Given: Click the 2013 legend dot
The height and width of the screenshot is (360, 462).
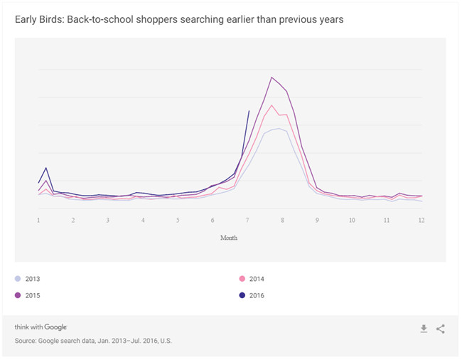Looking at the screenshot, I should (18, 279).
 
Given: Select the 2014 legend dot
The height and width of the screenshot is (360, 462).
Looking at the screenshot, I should (242, 279).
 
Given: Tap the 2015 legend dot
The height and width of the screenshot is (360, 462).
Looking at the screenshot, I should (18, 295).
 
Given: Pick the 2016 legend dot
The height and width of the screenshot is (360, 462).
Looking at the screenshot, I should (242, 295).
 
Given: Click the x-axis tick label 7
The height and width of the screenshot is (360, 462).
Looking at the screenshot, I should (247, 221).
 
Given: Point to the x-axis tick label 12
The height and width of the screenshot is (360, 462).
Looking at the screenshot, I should (421, 221).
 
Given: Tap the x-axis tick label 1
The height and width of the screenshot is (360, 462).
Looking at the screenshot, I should (38, 221).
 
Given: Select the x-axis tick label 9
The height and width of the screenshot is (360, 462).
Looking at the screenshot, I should (317, 221).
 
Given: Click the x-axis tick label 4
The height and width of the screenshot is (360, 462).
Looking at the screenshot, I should (143, 221).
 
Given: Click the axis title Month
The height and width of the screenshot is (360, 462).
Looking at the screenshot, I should (229, 238).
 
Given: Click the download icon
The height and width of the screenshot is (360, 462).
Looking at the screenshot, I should (424, 329).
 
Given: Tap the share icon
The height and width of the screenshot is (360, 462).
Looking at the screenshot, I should (441, 329).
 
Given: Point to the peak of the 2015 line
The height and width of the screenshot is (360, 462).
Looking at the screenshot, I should (272, 77).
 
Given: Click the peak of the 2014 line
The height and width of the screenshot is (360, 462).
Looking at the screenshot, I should (272, 105).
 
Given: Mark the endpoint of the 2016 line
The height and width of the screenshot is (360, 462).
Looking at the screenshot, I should (248, 111).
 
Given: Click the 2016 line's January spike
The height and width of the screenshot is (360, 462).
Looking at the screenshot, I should (46, 168).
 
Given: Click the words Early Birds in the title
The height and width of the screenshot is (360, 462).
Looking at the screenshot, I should (38, 19).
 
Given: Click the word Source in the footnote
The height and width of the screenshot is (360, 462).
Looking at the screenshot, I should (27, 341).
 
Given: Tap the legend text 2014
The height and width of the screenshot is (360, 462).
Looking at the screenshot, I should (257, 279).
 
